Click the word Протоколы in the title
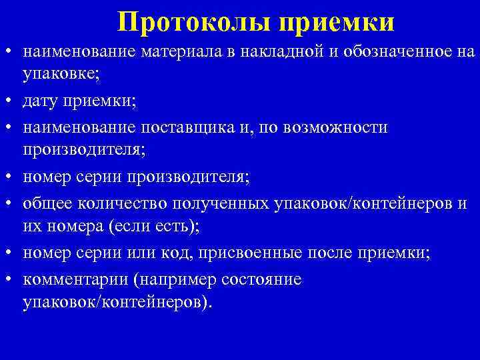[x=194, y=22]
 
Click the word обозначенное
[x=385, y=52]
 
